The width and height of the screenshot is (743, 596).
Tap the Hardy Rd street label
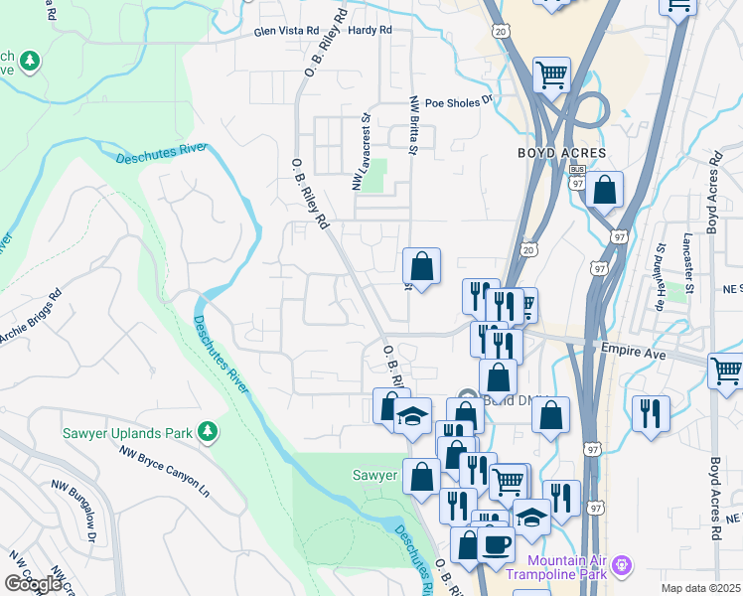pyautogui.click(x=370, y=31)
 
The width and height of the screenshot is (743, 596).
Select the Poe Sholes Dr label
pyautogui.click(x=459, y=101)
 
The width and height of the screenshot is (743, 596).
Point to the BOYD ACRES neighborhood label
pyautogui.click(x=561, y=153)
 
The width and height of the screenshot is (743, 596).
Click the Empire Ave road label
pyautogui.click(x=632, y=348)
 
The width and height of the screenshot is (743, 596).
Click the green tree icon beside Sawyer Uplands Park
pyautogui.click(x=208, y=431)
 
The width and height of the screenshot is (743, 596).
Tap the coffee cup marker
pyautogui.click(x=496, y=543)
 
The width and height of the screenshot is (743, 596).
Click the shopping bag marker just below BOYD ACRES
pyautogui.click(x=604, y=189)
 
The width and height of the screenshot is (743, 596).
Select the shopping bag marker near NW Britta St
pyautogui.click(x=421, y=265)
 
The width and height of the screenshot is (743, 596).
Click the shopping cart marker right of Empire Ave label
pyautogui.click(x=726, y=371)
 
